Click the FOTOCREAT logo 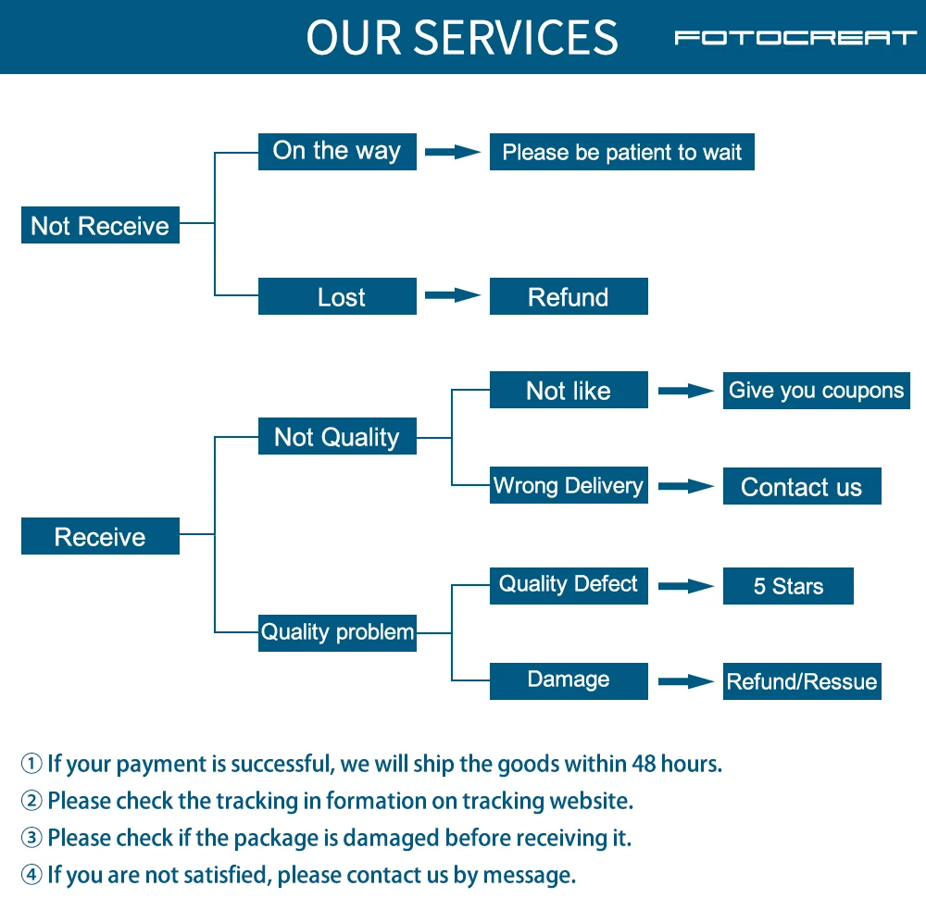(795, 38)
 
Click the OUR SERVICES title (461, 38)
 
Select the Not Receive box (100, 226)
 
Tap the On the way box (337, 152)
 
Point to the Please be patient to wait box (621, 153)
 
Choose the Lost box (337, 297)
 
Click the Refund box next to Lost (568, 297)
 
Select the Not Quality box (337, 437)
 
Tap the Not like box (568, 391)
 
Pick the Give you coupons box (816, 391)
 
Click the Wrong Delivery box (568, 486)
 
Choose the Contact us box (801, 487)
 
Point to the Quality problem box (337, 632)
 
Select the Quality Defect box (568, 585)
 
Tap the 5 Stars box (788, 587)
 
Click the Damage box (568, 680)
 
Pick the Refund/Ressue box (801, 682)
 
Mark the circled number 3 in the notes (32, 839)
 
